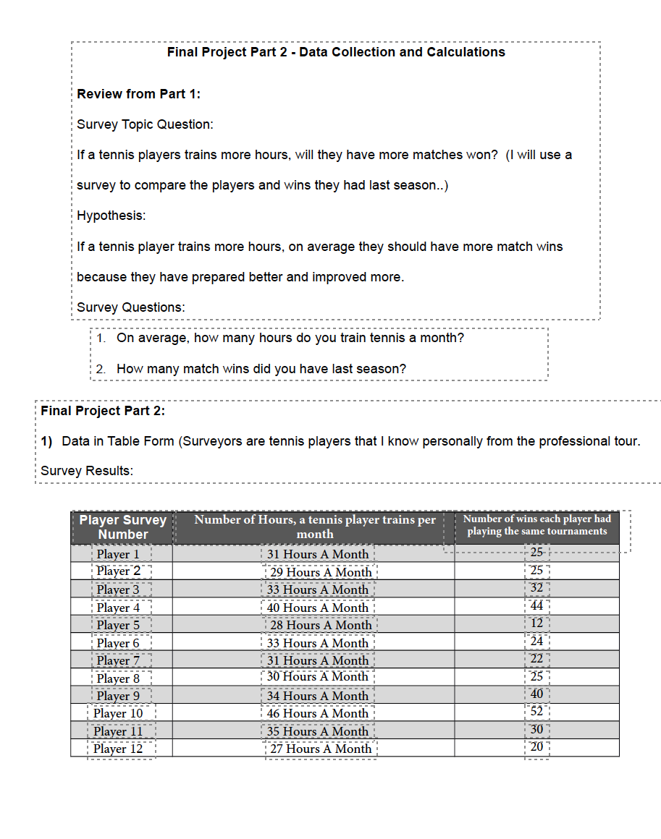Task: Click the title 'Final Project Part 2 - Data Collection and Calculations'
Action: pyautogui.click(x=336, y=52)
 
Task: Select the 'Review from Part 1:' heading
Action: pyautogui.click(x=138, y=94)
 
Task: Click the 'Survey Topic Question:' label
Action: pyautogui.click(x=145, y=124)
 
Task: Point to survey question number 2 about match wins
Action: pyautogui.click(x=261, y=369)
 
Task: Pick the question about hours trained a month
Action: pyautogui.click(x=290, y=338)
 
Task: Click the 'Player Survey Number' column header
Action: pyautogui.click(x=122, y=527)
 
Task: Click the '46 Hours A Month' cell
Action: pyautogui.click(x=318, y=713)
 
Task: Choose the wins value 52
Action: pyautogui.click(x=536, y=712)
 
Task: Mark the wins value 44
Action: pyautogui.click(x=536, y=607)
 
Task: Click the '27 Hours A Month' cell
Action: pyautogui.click(x=321, y=749)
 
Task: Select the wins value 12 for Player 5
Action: pyautogui.click(x=536, y=624)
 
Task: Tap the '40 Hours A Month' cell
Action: pyautogui.click(x=318, y=608)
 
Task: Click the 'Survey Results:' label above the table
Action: pyautogui.click(x=86, y=471)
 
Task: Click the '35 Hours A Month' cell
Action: pyautogui.click(x=318, y=731)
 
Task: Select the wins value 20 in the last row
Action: pyautogui.click(x=536, y=748)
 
